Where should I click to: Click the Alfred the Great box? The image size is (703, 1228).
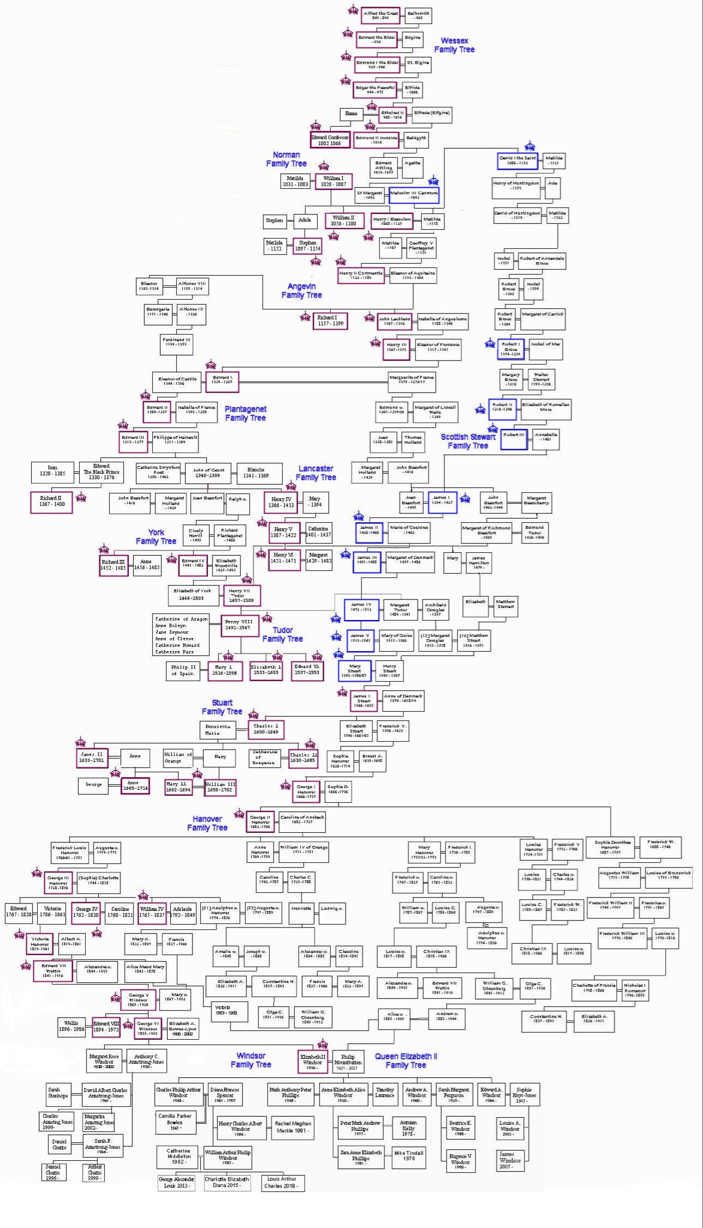(381, 15)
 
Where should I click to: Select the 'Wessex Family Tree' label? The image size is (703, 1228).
(454, 45)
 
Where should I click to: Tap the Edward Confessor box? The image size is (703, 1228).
(330, 140)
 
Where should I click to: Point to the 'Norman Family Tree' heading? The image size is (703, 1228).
(286, 159)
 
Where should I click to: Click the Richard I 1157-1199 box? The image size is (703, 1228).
(331, 321)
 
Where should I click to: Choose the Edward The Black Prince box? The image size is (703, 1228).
(101, 472)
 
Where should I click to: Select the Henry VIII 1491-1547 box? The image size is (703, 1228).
(240, 625)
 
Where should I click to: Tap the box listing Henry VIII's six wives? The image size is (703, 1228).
(182, 635)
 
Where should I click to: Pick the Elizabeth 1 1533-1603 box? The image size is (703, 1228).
(265, 670)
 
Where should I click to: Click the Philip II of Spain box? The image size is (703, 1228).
(183, 670)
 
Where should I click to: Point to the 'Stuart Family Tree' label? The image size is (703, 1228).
(222, 707)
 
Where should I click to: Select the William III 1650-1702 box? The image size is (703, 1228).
(221, 787)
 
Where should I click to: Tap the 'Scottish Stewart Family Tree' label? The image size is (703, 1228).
(468, 441)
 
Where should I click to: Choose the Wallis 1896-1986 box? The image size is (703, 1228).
(71, 1026)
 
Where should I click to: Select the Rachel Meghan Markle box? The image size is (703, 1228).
(293, 1127)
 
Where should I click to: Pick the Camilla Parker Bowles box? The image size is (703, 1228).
(176, 1122)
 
